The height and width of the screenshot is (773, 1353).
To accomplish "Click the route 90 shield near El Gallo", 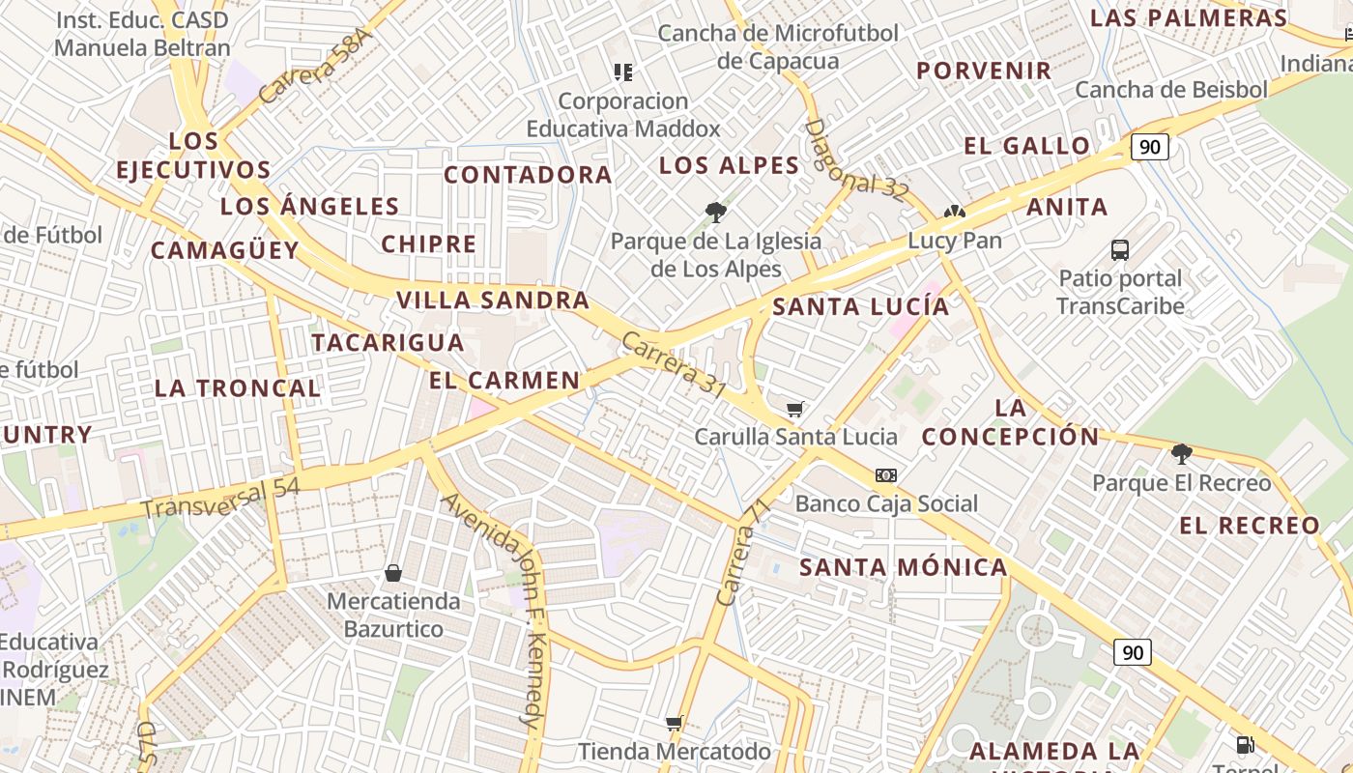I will [1149, 147].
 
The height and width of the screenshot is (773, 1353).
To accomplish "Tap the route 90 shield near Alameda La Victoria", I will [1133, 652].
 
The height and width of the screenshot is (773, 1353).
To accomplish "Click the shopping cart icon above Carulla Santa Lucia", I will [795, 409].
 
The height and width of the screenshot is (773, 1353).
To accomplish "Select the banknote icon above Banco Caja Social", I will [886, 475].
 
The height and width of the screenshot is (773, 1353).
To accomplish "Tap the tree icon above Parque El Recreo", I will [1181, 453].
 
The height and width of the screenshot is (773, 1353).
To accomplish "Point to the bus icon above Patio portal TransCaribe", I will [1120, 250].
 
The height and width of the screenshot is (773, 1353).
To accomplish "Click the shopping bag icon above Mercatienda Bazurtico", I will [393, 573].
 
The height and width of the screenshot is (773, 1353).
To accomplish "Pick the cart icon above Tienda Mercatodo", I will [675, 723].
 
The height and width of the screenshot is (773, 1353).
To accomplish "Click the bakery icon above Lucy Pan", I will [955, 212].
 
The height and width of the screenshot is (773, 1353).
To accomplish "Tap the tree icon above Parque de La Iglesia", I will [716, 212].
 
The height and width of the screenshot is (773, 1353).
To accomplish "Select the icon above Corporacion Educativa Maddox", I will [623, 72].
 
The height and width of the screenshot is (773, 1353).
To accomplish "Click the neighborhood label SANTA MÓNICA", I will [904, 567].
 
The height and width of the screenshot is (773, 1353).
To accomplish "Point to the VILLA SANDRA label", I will [493, 300].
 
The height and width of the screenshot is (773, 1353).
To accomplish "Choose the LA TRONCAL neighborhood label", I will [238, 388].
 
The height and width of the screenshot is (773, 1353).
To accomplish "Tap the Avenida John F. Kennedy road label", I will [495, 609].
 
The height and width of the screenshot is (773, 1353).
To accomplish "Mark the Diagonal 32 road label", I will [856, 160].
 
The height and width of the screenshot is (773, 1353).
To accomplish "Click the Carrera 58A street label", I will [314, 66].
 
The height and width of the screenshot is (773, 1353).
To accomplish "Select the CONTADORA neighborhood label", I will [528, 175].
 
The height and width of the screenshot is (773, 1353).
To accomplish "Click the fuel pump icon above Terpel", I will [1246, 744].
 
